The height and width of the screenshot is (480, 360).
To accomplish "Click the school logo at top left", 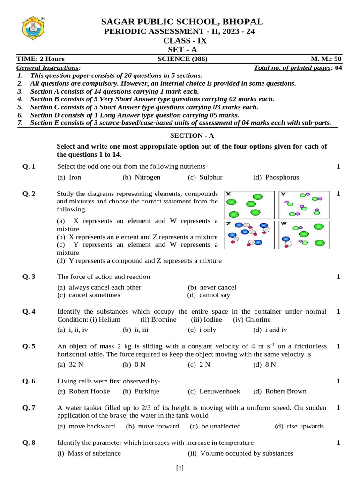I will pyautogui.click(x=32, y=30).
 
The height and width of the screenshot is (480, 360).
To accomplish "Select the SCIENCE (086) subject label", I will pyautogui.click(x=182, y=59).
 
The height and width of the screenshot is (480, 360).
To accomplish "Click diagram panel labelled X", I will pyautogui.click(x=250, y=204).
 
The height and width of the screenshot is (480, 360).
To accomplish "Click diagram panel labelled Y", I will pyautogui.click(x=304, y=204).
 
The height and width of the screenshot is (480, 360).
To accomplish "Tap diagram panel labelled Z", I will pyautogui.click(x=250, y=234).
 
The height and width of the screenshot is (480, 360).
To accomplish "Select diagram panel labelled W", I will pyautogui.click(x=304, y=234).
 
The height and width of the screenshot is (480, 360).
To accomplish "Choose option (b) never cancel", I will pyautogui.click(x=212, y=287).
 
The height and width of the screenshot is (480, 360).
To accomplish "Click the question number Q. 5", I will pyautogui.click(x=29, y=346).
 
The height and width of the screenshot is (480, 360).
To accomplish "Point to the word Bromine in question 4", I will pyautogui.click(x=163, y=320).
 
